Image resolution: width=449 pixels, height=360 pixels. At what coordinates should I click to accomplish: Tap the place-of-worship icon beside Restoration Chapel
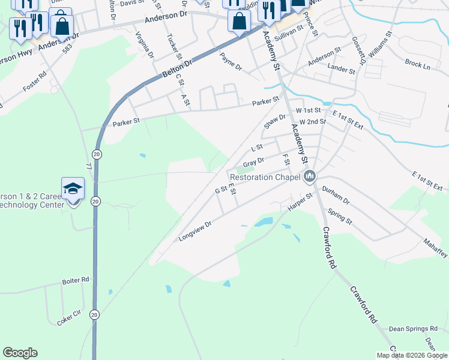point(310,176)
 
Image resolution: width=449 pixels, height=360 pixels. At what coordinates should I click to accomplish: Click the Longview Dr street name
point(195,232)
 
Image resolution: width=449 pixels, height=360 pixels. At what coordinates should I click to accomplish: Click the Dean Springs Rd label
point(413,329)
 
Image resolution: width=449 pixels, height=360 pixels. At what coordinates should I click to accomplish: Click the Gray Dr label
point(254,163)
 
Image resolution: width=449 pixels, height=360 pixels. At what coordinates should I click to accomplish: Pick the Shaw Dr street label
point(275,121)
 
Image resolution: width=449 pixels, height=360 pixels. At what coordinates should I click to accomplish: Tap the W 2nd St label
point(312,122)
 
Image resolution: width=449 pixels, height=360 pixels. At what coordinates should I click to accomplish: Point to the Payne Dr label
point(231,62)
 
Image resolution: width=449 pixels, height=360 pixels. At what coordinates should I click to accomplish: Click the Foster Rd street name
point(35,83)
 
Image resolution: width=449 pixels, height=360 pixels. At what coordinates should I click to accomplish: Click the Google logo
point(20,353)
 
